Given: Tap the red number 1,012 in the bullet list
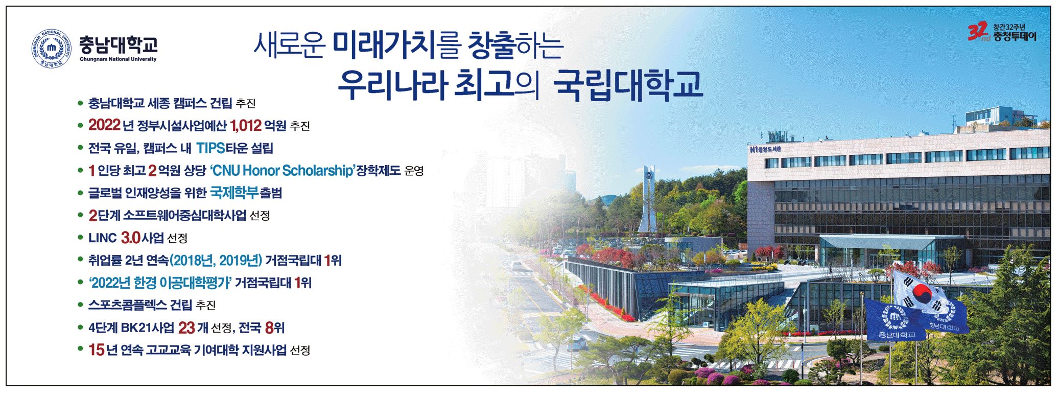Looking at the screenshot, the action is [246, 125].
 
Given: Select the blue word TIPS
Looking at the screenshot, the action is [211, 148].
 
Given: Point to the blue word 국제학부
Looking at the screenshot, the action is [234, 193].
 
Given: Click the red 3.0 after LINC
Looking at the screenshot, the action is [130, 238].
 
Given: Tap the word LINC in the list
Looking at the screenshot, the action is [103, 238].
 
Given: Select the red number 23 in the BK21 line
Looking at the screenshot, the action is [186, 328].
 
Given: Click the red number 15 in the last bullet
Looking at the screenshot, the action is [96, 350].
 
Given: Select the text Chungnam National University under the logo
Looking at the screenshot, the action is [118, 59].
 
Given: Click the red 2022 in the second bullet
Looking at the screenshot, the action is [104, 125].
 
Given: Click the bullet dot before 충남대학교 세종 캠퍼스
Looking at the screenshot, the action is [80, 103].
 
